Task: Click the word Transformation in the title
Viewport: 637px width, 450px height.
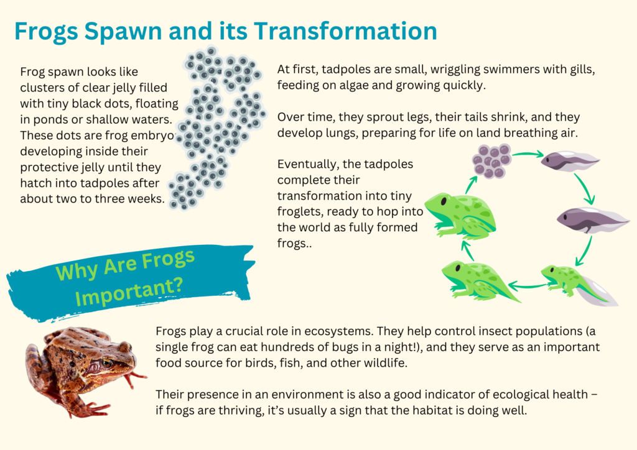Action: pyautogui.click(x=345, y=31)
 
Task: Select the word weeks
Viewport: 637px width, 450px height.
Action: pyautogui.click(x=146, y=199)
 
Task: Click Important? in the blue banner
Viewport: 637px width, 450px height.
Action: pyautogui.click(x=129, y=292)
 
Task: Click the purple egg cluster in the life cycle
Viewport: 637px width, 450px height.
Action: pyautogui.click(x=491, y=161)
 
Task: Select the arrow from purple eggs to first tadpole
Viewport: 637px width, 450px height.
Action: pyautogui.click(x=528, y=154)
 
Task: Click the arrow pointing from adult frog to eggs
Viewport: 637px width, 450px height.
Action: pyautogui.click(x=471, y=185)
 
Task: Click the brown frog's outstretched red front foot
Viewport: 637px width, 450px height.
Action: pyautogui.click(x=136, y=377)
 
